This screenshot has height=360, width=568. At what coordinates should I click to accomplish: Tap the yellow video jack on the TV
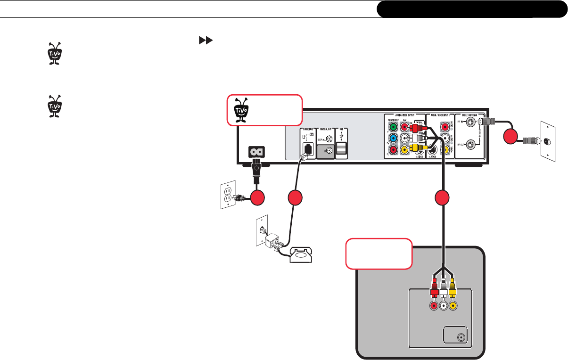click(453, 305)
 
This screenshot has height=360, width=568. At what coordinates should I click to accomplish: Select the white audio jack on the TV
click(444, 305)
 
